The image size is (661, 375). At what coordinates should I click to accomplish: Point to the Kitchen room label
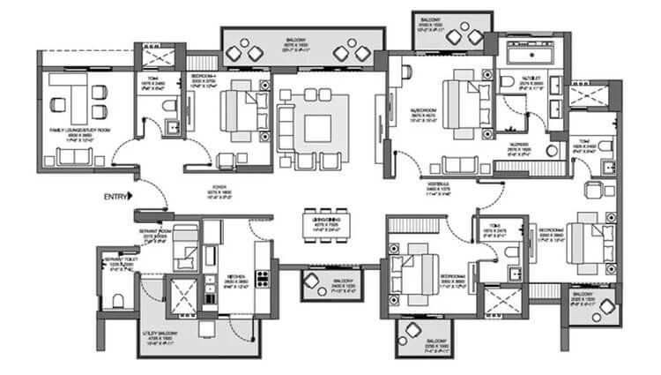236,280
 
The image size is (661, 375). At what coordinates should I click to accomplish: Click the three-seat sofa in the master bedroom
459,164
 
